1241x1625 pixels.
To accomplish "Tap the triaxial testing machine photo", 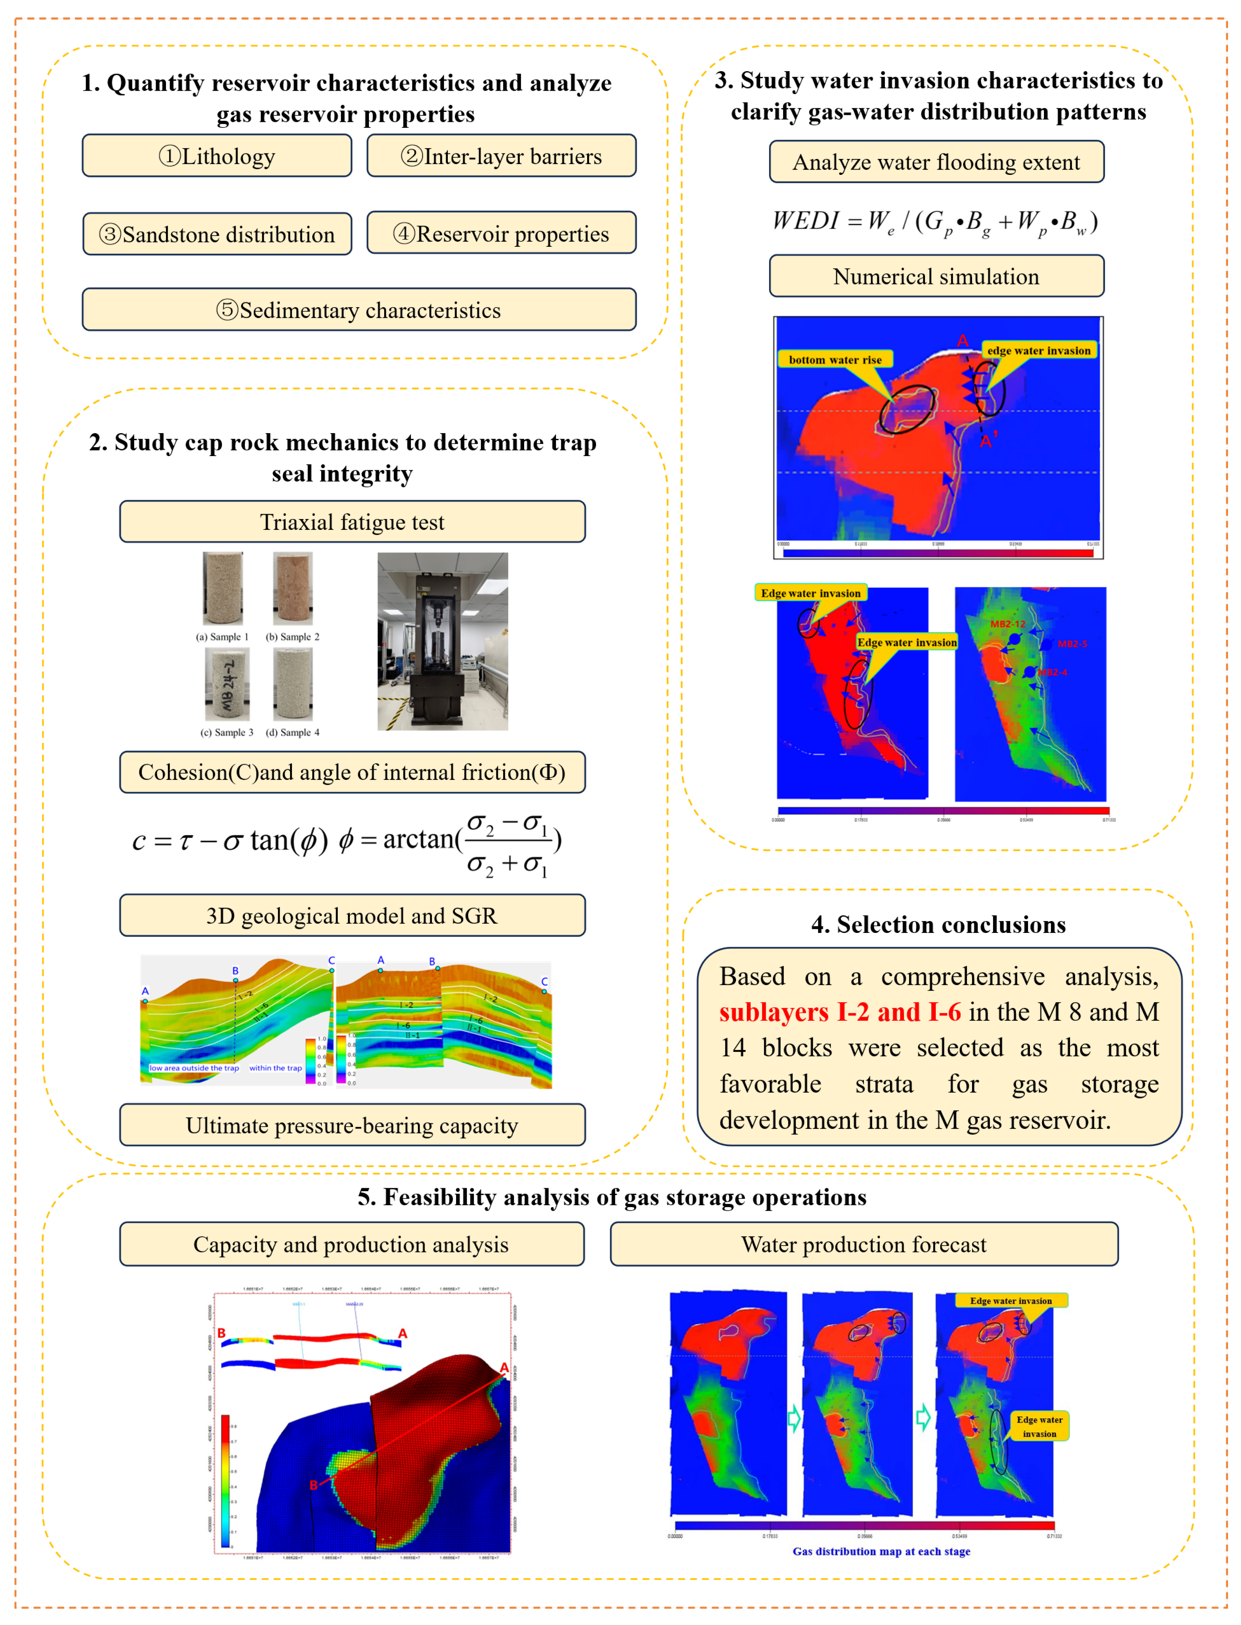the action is point(442,641).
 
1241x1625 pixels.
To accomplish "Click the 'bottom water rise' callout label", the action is point(835,360).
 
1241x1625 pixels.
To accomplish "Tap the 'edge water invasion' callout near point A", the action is point(1039,350).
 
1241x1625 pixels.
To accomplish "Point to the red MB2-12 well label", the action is point(1008,624).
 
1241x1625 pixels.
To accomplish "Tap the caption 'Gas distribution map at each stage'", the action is point(881,1551).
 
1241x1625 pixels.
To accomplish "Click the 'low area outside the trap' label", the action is point(193,1068).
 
